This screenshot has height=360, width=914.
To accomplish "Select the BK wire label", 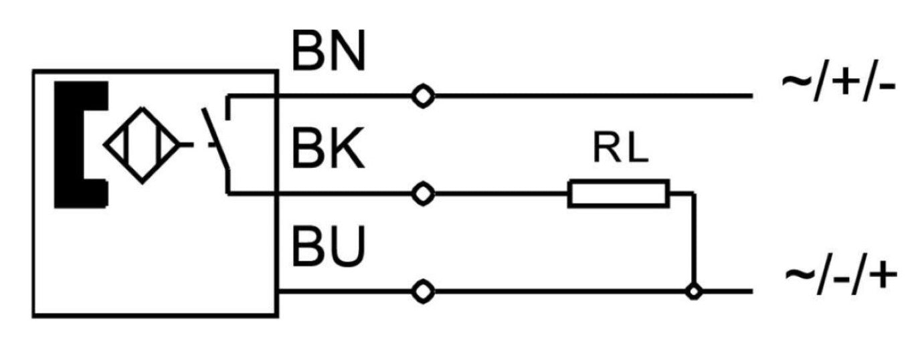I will [329, 151].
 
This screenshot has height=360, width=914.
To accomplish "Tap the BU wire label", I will [329, 246].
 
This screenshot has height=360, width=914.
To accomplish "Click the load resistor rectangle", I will [618, 193].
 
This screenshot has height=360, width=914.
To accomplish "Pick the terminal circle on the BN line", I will [422, 96].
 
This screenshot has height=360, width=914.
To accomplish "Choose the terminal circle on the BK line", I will [422, 194].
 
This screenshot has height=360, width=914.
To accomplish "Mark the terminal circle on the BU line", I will [422, 292].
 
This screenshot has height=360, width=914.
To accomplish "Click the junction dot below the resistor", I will [695, 292].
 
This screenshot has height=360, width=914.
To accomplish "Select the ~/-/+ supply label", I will [839, 274].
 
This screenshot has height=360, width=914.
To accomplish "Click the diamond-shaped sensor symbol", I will [142, 144].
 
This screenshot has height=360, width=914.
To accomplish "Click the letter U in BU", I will [348, 246].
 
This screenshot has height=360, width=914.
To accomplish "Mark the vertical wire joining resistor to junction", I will [695, 241].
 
